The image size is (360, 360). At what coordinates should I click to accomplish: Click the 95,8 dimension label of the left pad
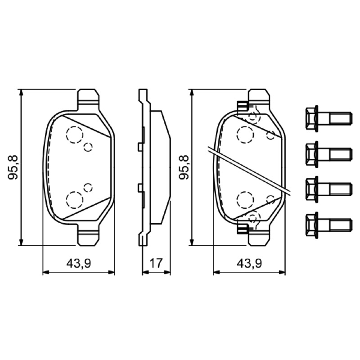[x=13, y=167]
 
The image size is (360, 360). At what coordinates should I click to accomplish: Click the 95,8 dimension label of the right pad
[x=184, y=167]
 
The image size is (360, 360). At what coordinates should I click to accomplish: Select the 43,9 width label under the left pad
[x=78, y=263]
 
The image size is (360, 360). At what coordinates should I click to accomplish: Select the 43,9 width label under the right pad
[x=249, y=263]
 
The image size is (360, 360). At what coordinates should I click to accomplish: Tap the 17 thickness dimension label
[x=156, y=263]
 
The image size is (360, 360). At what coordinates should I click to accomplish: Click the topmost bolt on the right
[x=328, y=118]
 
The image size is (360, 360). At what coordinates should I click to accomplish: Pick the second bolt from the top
[x=328, y=154]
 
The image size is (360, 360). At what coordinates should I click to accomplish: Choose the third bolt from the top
[x=328, y=189]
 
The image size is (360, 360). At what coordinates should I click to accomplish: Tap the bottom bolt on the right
[x=328, y=225]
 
